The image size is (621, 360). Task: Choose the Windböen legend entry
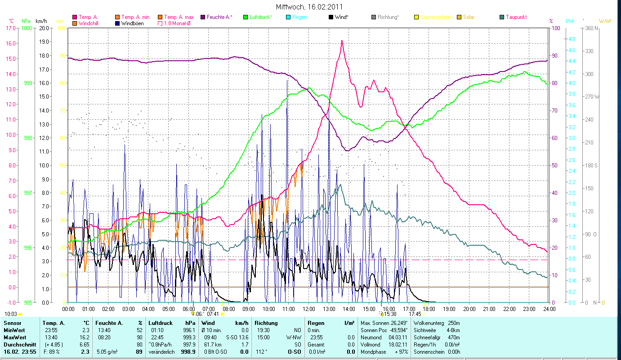(132, 23)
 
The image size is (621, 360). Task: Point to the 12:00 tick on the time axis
(309, 309)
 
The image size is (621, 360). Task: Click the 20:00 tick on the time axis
(469, 309)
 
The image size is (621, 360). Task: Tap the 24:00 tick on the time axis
(549, 309)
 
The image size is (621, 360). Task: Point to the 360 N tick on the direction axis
(590, 28)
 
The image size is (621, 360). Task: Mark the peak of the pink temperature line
(342, 40)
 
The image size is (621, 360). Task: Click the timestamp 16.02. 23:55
(20, 351)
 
